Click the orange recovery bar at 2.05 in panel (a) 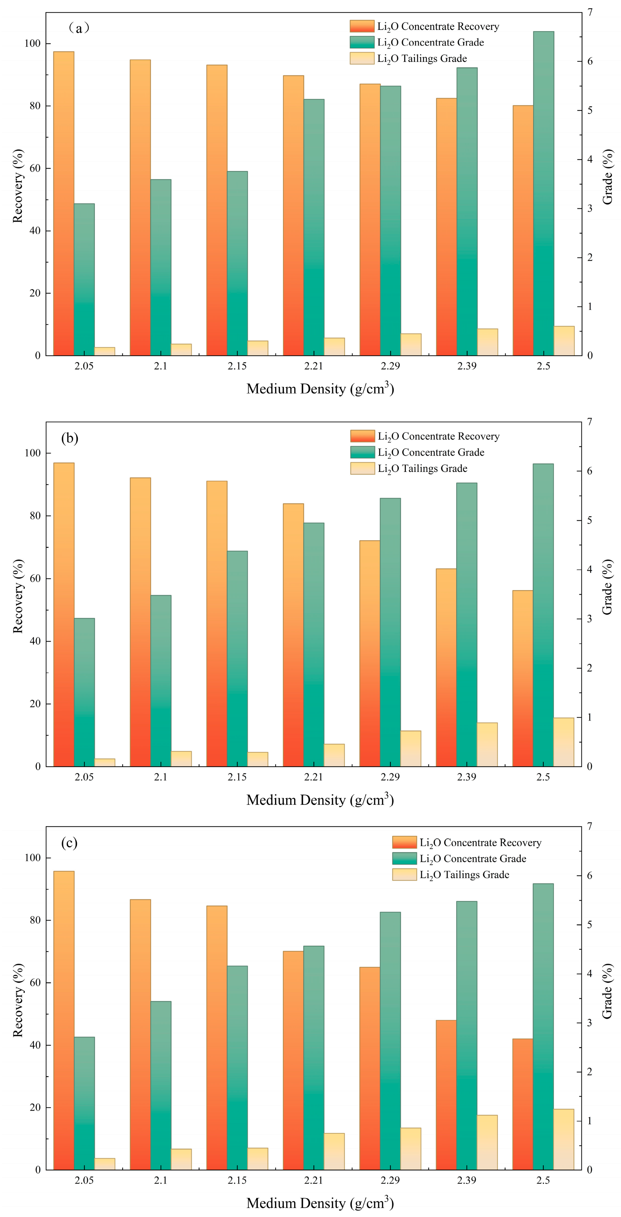point(64,203)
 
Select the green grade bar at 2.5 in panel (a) point(544,193)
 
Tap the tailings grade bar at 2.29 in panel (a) point(411,344)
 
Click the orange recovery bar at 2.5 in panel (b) point(523,678)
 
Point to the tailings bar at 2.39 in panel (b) point(488,744)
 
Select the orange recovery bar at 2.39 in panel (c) point(446,1095)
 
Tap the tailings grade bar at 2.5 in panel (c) point(564,1140)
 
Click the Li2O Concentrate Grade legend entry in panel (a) point(417,43)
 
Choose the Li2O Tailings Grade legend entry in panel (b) point(409,469)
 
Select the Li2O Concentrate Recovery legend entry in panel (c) point(467,842)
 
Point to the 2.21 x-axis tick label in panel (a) point(313,366)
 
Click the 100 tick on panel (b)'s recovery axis point(33,453)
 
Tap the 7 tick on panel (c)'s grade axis point(590,826)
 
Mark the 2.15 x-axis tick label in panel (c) point(237,1180)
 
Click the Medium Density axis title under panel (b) point(320,799)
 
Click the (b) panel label point(69,438)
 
